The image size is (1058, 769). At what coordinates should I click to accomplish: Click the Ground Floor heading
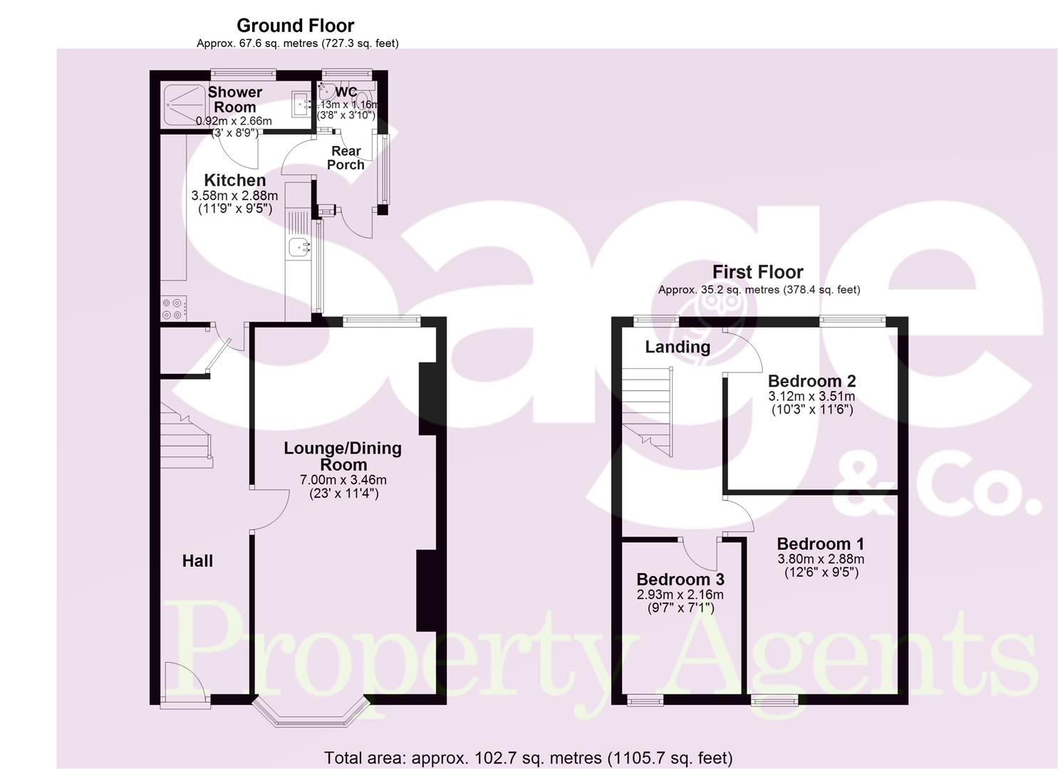(x=295, y=26)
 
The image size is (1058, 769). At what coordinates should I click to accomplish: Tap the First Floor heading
(x=757, y=272)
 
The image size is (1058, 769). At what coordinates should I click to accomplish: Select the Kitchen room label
(x=234, y=180)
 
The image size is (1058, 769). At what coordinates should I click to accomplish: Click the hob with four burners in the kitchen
(x=173, y=308)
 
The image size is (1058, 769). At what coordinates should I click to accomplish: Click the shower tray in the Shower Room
(x=184, y=107)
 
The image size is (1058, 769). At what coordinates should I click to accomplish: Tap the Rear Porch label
(x=346, y=157)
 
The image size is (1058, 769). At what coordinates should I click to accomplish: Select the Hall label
(x=197, y=561)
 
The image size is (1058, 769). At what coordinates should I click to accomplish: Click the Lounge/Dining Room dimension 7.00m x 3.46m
(x=343, y=480)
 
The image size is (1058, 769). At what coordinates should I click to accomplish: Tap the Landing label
(x=678, y=347)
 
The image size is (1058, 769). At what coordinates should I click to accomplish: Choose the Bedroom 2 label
(x=811, y=381)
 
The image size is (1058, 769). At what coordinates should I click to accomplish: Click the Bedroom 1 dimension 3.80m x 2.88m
(x=821, y=559)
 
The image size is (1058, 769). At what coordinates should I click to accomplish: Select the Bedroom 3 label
(x=680, y=580)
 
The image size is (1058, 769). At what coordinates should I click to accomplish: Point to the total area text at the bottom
(x=528, y=758)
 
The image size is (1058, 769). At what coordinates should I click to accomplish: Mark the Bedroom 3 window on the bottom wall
(x=644, y=701)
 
